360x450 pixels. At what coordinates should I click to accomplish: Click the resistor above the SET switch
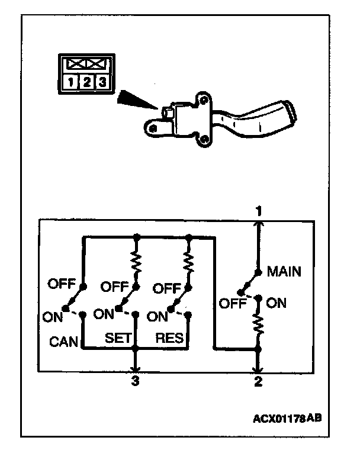(137, 261)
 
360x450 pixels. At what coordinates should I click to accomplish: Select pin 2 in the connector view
(86, 82)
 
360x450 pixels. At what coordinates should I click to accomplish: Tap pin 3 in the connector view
(102, 82)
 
